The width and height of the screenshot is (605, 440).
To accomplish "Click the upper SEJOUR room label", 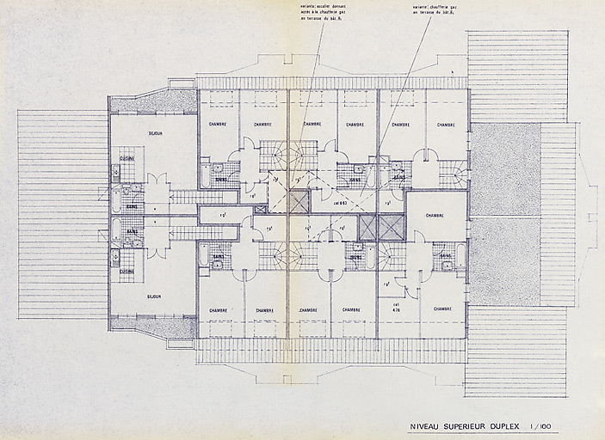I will (x=156, y=134).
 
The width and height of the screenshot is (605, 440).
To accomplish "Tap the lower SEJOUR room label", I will (x=156, y=296).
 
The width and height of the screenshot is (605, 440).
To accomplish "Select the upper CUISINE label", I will (x=127, y=159).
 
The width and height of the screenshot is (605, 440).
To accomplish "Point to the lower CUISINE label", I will (x=127, y=272).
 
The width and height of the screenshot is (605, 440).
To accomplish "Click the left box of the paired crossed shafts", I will (x=368, y=227).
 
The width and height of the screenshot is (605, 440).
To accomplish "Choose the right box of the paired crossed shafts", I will (x=392, y=227).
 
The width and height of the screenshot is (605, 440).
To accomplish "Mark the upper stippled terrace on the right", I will (x=504, y=168).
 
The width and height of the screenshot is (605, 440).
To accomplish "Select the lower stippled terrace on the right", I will (x=504, y=261).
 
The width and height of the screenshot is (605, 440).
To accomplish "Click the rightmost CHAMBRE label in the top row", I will (x=445, y=125).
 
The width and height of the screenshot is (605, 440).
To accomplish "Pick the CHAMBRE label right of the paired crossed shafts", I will (x=435, y=216).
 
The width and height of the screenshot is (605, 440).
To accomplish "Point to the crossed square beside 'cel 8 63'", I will (x=298, y=202).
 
